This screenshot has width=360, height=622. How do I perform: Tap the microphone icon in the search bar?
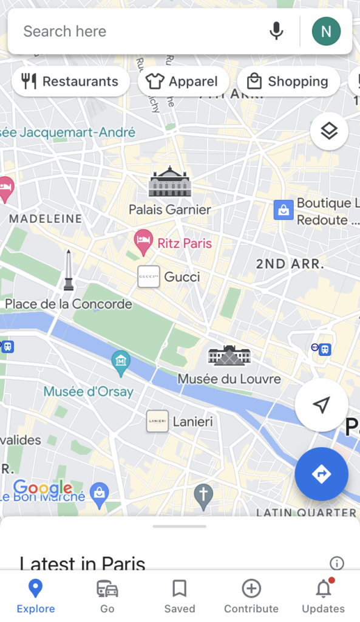(x=276, y=31)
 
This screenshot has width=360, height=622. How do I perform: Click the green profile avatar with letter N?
(x=326, y=31)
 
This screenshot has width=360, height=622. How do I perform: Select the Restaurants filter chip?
(x=70, y=81)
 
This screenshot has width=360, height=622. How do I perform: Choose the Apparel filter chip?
(x=183, y=81)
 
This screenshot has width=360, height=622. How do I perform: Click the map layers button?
(x=328, y=131)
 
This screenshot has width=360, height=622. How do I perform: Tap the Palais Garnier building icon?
(x=170, y=182)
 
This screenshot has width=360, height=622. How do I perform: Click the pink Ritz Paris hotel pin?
(x=143, y=242)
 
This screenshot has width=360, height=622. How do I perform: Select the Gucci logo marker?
(x=149, y=277)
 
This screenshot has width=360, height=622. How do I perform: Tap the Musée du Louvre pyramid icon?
(x=229, y=355)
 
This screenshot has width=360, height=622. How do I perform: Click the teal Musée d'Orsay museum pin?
(x=121, y=362)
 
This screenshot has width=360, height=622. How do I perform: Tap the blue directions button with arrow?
(x=321, y=474)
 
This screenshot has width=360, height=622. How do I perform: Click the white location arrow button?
(x=321, y=405)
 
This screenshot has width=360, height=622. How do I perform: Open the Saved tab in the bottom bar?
(x=179, y=595)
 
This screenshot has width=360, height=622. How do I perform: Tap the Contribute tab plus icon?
(x=251, y=589)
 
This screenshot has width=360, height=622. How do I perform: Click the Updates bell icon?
(x=323, y=589)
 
